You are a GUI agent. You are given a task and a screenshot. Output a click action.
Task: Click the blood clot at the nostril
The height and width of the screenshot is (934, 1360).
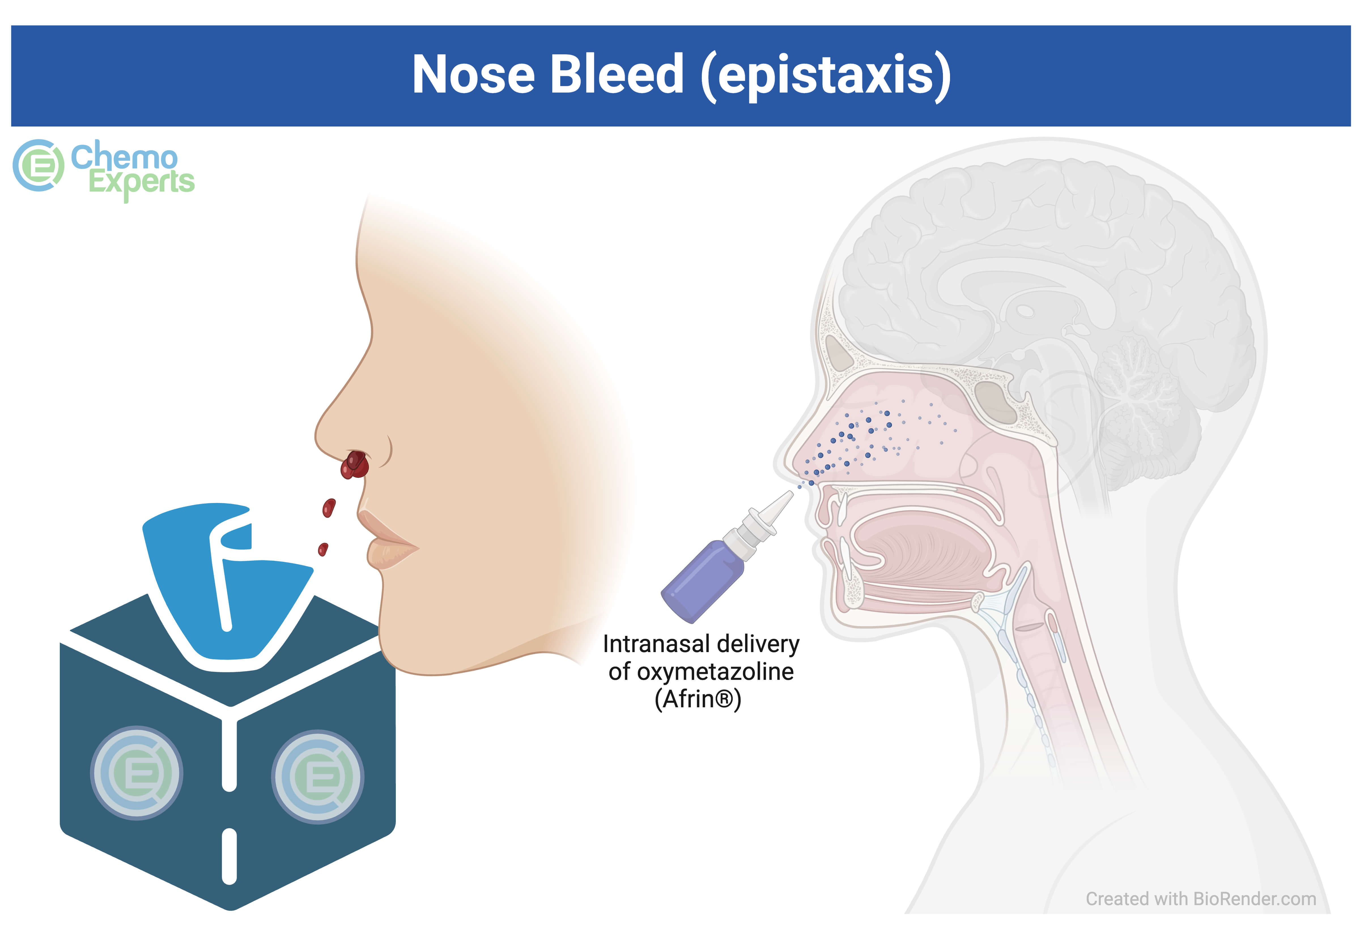pyautogui.click(x=354, y=465)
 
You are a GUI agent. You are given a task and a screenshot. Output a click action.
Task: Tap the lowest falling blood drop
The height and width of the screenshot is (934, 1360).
pyautogui.click(x=323, y=549)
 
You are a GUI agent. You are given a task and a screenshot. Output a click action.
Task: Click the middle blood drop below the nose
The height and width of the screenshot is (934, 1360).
pyautogui.click(x=329, y=507)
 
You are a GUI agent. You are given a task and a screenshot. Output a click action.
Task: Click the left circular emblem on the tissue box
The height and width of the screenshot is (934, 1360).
pyautogui.click(x=137, y=772)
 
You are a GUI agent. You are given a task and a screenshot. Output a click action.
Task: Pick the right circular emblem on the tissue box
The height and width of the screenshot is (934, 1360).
pyautogui.click(x=317, y=777)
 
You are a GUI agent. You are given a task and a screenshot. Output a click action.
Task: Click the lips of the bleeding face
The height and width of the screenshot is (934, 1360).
pyautogui.click(x=386, y=539)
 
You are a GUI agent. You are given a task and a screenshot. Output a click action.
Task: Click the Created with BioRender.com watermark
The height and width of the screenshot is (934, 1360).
pyautogui.click(x=1201, y=898)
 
